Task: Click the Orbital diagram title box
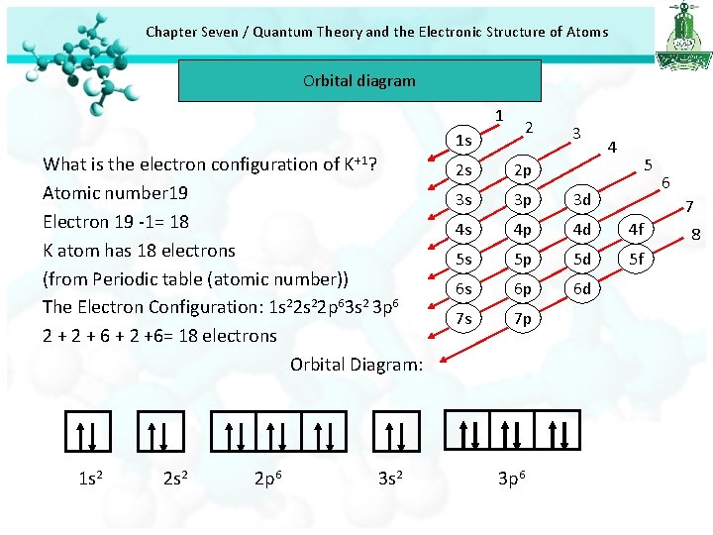(359, 80)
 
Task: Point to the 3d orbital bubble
(582, 200)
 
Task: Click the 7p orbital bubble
(523, 319)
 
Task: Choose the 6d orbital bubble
(582, 289)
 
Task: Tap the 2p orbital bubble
(523, 170)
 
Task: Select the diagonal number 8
(695, 235)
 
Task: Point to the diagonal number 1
(500, 116)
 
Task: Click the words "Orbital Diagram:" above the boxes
(356, 365)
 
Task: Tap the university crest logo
(682, 34)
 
